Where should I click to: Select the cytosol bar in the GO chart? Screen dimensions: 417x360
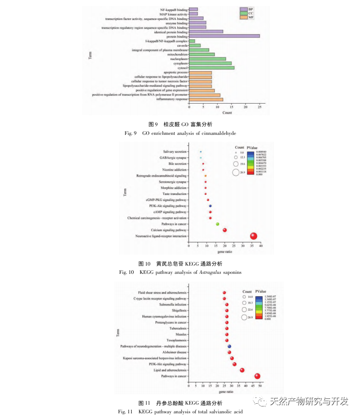tap(212, 67)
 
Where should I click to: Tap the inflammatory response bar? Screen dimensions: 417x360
tap(206, 99)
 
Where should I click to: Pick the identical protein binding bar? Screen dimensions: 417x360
tap(206, 32)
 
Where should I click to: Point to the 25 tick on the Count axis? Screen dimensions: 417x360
tap(259, 107)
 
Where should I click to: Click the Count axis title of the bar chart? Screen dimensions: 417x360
tap(227, 112)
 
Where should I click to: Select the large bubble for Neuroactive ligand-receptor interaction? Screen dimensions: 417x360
tap(253, 236)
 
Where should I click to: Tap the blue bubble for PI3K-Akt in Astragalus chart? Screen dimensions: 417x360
tap(210, 206)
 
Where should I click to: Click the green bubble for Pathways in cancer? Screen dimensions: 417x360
tap(217, 224)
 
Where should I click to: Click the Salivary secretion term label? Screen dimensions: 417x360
tap(175, 152)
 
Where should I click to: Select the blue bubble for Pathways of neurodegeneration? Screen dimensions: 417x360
tap(229, 346)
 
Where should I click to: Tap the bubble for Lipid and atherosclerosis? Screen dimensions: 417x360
tap(242, 370)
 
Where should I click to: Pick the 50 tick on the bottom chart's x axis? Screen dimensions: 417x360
tap(260, 387)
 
